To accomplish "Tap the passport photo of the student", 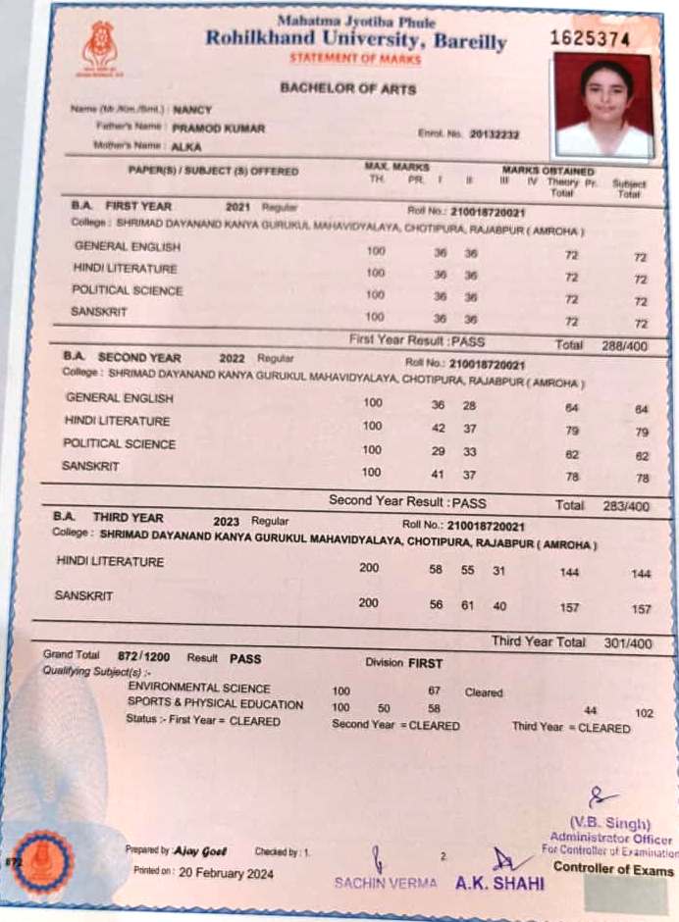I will (602, 105).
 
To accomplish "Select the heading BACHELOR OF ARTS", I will (347, 88).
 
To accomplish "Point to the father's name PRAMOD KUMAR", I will (218, 128).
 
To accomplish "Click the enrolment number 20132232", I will (495, 133).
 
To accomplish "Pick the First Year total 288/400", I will (619, 346).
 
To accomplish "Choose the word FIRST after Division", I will (426, 663).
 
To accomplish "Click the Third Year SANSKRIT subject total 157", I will (641, 609).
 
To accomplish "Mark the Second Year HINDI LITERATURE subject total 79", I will (643, 432).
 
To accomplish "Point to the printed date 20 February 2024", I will (227, 873).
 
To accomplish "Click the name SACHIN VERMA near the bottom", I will (386, 883).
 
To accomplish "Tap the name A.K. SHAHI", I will (499, 883).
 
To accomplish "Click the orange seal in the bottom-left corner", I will (41, 862).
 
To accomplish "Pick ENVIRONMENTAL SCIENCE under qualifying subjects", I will (199, 689).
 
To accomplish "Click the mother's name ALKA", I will (185, 146).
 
